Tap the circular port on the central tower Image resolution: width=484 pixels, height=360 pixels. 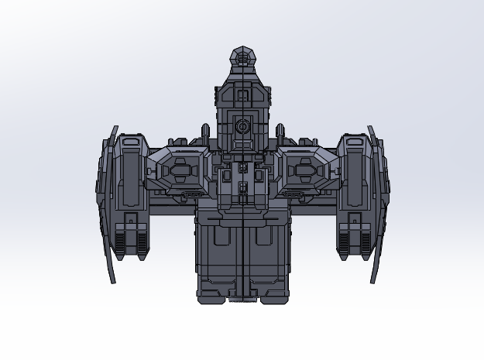point(242,125)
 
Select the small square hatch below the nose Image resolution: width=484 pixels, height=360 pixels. point(242,95)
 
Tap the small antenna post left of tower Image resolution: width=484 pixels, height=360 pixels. point(206,132)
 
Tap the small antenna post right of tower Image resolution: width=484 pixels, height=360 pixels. point(279,132)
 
